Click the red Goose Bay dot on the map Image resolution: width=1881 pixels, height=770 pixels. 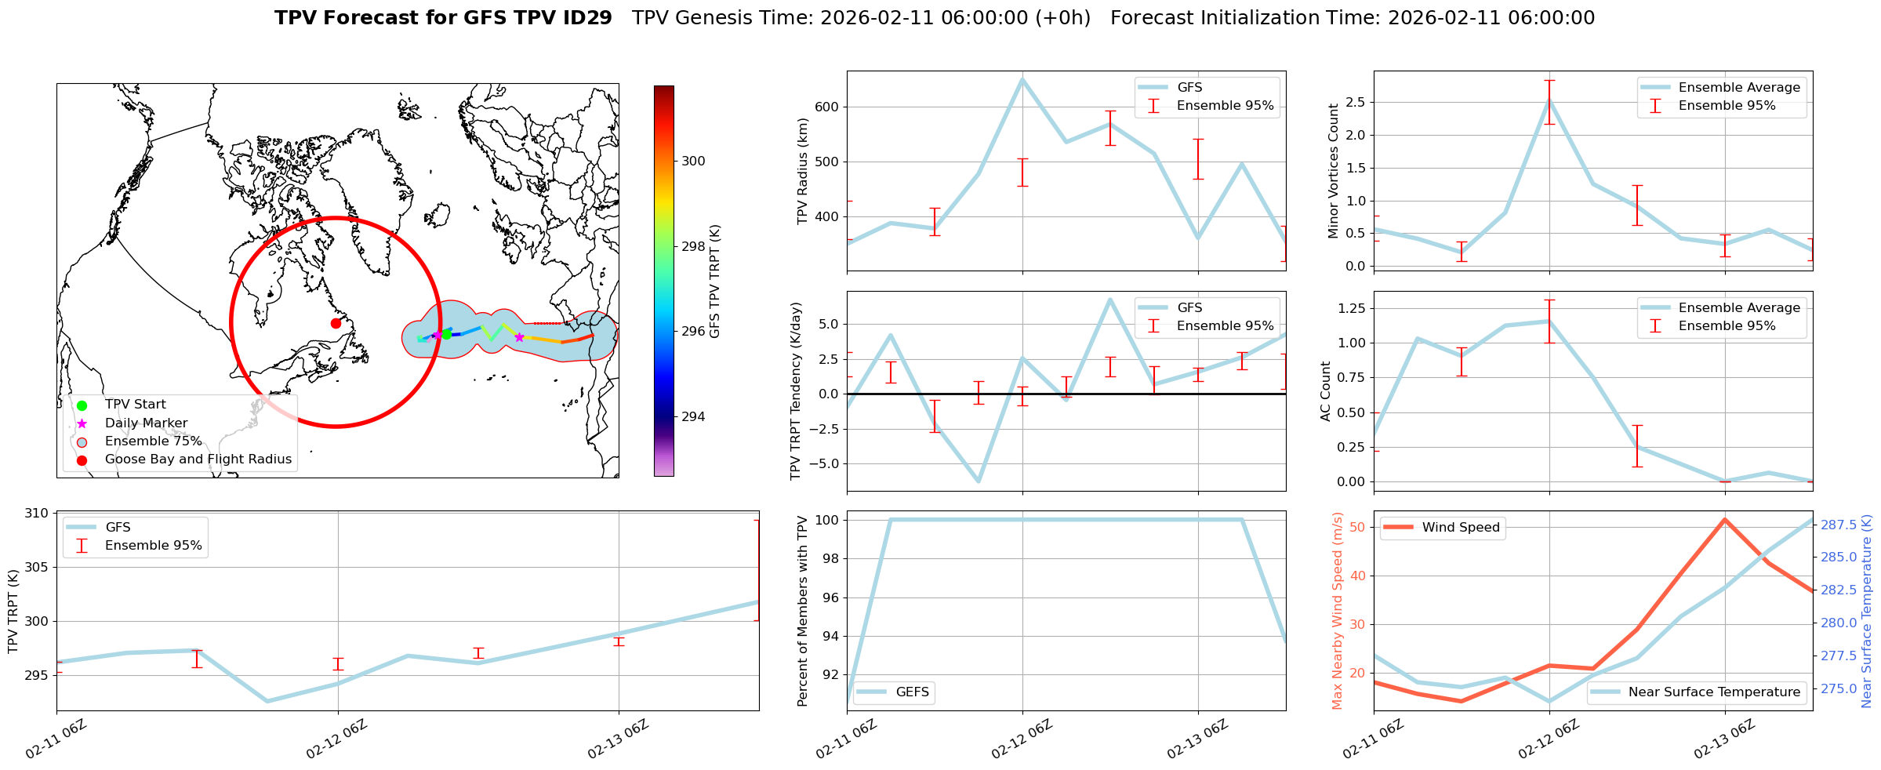point(336,323)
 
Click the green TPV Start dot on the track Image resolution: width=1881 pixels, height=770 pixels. point(446,334)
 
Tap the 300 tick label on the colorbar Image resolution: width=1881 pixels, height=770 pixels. point(693,161)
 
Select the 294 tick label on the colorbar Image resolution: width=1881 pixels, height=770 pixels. point(693,416)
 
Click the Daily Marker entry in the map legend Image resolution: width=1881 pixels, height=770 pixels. point(146,423)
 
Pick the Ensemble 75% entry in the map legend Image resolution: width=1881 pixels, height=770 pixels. point(153,441)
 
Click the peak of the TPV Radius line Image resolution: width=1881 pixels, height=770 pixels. point(1022,78)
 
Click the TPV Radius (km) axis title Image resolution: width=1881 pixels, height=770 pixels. point(802,171)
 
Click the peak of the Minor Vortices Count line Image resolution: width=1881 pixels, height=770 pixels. point(1549,100)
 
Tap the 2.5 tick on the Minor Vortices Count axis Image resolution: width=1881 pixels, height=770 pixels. point(1355,102)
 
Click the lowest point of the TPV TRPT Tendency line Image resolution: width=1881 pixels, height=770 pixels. point(979,481)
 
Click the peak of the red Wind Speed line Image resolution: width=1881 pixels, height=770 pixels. point(1725,519)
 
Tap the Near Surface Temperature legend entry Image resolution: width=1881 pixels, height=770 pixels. point(1713,692)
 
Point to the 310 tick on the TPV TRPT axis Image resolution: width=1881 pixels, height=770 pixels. point(37,513)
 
